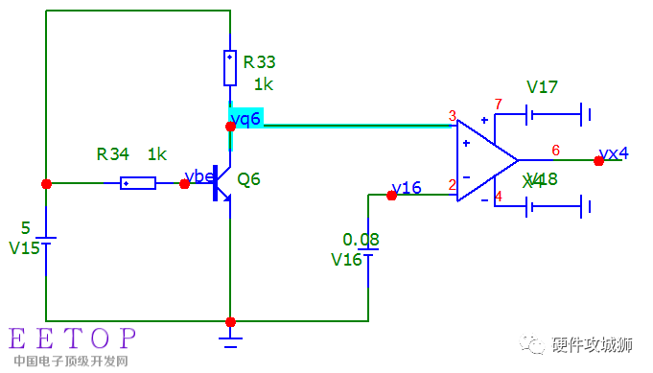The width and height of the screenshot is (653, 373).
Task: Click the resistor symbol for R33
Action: (230, 68)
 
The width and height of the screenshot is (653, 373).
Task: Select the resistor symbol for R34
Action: (138, 182)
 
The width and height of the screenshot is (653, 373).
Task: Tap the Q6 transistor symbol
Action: (222, 183)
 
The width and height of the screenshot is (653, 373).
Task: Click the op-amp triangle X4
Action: (484, 160)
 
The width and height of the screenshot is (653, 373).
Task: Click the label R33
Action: (259, 62)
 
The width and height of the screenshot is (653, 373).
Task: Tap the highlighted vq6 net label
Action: (246, 117)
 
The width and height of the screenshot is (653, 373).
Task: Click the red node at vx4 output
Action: (598, 161)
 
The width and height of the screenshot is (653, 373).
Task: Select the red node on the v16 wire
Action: (391, 195)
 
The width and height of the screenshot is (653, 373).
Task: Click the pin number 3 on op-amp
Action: (452, 117)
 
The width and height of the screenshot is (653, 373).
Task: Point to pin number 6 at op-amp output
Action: (555, 150)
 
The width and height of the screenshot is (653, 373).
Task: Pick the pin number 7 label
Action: (498, 104)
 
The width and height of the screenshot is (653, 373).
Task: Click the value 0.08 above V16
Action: (361, 239)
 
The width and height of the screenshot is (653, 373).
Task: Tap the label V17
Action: (543, 87)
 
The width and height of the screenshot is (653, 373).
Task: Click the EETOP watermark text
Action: (73, 338)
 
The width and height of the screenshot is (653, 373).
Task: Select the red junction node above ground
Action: (230, 321)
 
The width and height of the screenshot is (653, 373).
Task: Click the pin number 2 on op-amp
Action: (452, 185)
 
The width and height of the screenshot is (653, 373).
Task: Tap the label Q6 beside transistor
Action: (248, 179)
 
